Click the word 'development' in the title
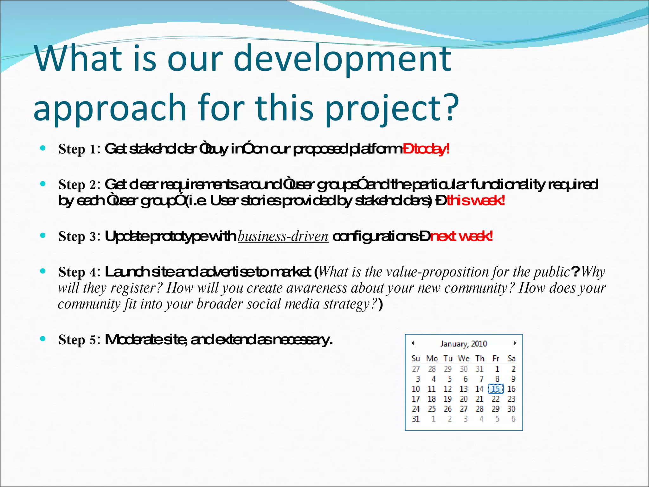coord(342,59)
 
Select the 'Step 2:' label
coord(79,185)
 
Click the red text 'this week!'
coord(475,200)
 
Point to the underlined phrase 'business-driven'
coord(283,236)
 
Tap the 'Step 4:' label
coord(79,272)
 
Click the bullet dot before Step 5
coord(43,339)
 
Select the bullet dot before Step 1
coord(43,148)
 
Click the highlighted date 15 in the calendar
coord(495,389)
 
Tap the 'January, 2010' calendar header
coord(463,344)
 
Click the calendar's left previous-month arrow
coord(413,343)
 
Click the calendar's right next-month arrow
coord(515,343)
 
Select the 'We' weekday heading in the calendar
coord(464,359)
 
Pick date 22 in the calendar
coord(495,399)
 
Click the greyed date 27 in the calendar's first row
coord(416,369)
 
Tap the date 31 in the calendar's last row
coord(416,419)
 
